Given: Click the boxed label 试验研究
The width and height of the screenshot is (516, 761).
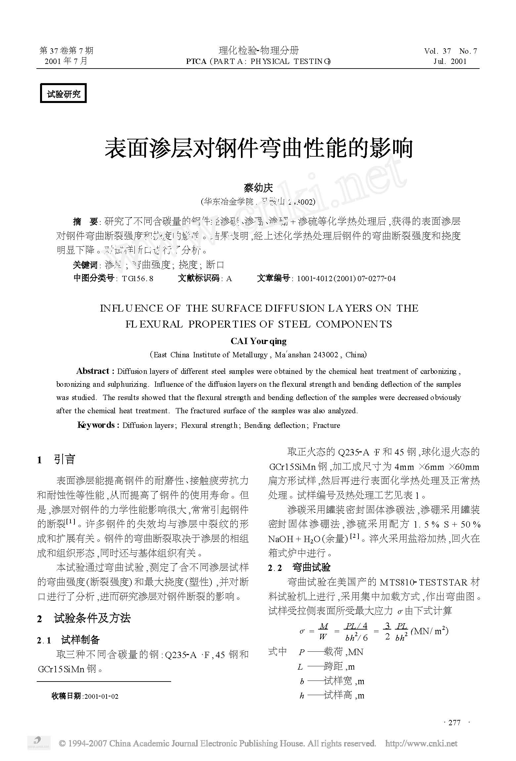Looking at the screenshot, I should click(x=63, y=93).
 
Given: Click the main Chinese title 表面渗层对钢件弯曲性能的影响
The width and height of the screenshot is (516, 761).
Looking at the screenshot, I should click(x=258, y=148).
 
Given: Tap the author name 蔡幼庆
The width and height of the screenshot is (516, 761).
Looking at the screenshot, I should click(x=258, y=188).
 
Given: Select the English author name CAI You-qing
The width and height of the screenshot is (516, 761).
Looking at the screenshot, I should click(x=258, y=341).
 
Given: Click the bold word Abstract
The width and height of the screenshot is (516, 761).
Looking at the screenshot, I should click(x=93, y=371).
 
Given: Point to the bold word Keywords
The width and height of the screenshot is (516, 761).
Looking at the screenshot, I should click(x=96, y=425).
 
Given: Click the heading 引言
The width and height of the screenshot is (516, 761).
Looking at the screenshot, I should click(x=65, y=459).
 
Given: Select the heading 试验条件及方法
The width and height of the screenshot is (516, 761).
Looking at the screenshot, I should click(x=92, y=618).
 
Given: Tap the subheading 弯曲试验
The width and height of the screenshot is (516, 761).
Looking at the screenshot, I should click(x=311, y=567).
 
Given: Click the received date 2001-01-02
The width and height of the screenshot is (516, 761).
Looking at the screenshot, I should click(x=101, y=696).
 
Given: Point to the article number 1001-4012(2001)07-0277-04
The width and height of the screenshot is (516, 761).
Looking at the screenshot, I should click(x=346, y=279).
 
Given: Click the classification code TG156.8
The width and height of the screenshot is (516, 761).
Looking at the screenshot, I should click(x=137, y=279).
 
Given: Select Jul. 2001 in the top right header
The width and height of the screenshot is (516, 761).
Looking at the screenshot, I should click(x=450, y=61).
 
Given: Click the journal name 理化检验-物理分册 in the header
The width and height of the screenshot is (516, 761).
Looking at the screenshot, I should click(x=258, y=50).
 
